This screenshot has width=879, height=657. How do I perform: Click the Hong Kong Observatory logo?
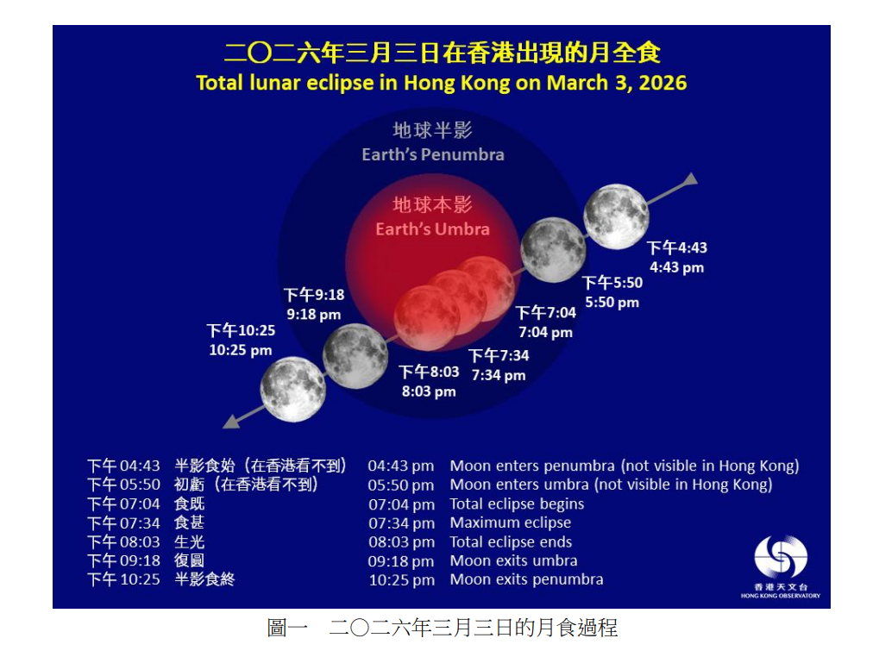pos(781,558)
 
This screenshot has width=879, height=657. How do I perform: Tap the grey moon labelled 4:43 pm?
pos(616,216)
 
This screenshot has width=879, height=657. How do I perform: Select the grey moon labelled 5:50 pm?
pos(554,250)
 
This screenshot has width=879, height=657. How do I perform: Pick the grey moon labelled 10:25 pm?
pos(293,390)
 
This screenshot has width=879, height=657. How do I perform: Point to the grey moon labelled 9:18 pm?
pos(355,356)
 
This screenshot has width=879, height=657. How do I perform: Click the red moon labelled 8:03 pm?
pos(426,317)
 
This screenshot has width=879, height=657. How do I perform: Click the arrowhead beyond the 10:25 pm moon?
pos(230,422)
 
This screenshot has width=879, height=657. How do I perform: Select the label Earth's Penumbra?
pos(433,154)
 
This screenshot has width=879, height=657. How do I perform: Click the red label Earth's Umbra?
pos(432,229)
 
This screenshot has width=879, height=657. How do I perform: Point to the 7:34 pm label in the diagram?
pos(499,375)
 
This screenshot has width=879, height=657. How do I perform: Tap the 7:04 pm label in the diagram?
pos(545,332)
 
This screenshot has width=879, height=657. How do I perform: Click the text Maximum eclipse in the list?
pos(510,522)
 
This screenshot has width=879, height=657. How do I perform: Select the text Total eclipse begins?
pos(517,504)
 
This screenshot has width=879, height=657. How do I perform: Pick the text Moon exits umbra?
pos(513,560)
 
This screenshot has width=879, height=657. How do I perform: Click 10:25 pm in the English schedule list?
pos(402,579)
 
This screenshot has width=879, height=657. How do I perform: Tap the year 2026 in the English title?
pos(662,83)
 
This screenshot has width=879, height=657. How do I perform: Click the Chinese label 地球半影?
pos(432,131)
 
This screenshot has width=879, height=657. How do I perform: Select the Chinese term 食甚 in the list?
pos(189,522)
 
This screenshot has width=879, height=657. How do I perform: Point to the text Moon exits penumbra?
pos(526,579)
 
